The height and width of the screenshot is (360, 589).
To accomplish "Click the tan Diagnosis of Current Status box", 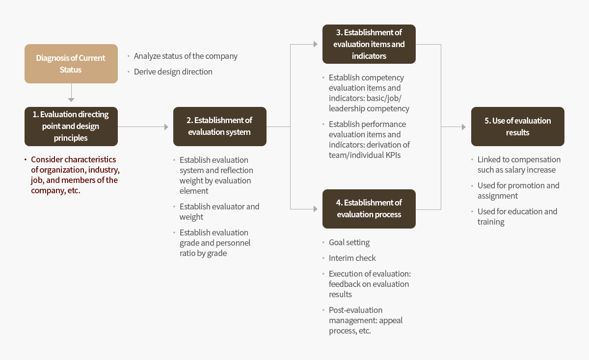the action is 71,64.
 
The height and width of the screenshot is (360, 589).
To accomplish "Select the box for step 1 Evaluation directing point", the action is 71,127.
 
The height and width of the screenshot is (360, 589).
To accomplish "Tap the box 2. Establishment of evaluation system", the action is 220,127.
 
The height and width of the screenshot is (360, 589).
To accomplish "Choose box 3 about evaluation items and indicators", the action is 369,44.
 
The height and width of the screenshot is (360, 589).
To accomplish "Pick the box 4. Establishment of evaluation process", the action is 369,209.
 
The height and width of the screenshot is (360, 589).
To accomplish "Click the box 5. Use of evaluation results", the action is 518,127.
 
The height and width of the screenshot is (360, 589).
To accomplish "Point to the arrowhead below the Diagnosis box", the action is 71,100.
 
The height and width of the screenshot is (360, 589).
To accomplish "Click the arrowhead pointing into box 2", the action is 166,127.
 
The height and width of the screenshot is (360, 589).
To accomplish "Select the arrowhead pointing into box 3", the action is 316,44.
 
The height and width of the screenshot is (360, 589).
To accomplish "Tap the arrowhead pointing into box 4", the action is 316,209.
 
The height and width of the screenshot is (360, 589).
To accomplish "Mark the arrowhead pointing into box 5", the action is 464,127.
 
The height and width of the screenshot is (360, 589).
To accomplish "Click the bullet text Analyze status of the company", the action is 186,56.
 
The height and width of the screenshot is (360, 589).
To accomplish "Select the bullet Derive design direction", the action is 173,72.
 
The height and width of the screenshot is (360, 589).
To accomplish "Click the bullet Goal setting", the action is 349,242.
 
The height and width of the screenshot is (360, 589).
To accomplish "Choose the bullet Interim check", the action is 352,258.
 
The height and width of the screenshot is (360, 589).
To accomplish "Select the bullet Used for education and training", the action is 517,216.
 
